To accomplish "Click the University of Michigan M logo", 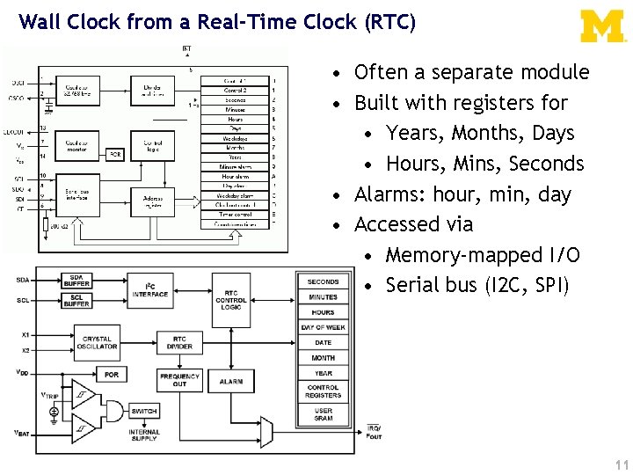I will click(x=602, y=26).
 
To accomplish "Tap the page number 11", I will click(x=622, y=464).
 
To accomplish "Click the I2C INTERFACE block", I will click(x=156, y=289).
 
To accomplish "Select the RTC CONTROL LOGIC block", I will click(x=230, y=299).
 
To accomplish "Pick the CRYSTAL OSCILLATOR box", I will click(x=98, y=342).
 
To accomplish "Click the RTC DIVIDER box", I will click(x=179, y=342).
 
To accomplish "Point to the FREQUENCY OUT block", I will click(x=179, y=380).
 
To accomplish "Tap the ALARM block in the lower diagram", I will click(x=230, y=381).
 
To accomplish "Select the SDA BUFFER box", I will click(x=77, y=281).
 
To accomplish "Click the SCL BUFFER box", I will click(x=77, y=300).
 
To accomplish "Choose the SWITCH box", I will click(x=144, y=411).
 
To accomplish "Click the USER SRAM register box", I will click(x=324, y=413).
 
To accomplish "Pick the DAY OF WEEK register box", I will click(x=324, y=327).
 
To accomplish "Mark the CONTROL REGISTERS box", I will click(x=324, y=391).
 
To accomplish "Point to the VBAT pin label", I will click(x=22, y=433).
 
